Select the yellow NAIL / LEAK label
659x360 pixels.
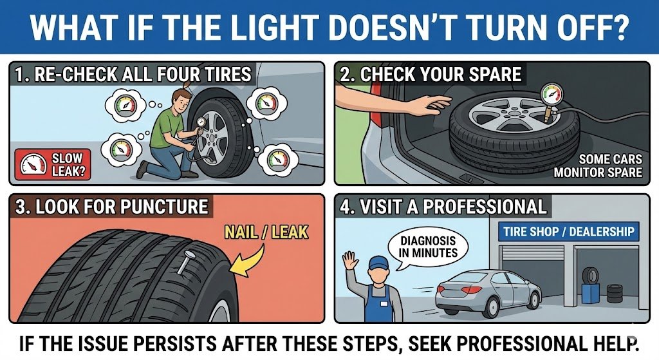pos(266,232)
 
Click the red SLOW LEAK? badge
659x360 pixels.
pos(53,164)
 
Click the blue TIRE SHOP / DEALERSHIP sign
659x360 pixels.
pos(569,231)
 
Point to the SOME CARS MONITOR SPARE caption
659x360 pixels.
pos(598,166)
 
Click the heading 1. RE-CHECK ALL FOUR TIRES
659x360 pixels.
pos(133,75)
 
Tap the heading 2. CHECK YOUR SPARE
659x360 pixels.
pos(431,75)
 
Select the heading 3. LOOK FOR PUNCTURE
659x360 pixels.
pos(112,207)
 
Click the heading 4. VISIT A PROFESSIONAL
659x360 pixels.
pos(443,207)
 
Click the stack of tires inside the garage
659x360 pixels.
pos(614,293)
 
